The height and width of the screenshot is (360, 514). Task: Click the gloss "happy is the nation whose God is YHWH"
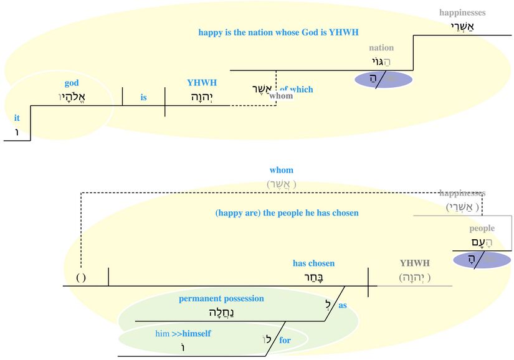278,32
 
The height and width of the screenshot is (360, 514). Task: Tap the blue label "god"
72,83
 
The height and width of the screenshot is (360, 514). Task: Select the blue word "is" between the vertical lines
143,98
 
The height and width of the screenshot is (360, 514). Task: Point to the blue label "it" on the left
17,117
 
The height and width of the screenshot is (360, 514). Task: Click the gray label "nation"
381,48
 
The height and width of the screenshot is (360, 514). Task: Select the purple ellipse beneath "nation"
384,80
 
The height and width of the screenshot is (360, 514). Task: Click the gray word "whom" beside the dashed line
281,96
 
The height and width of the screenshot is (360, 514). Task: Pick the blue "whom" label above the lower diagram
282,170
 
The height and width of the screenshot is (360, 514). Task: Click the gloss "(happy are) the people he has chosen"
287,213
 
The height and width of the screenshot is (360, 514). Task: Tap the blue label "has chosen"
313,263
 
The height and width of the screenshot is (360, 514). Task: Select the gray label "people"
482,229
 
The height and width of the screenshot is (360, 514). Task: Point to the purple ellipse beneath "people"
482,260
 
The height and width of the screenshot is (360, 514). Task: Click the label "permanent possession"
221,299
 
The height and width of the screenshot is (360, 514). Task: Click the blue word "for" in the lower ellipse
285,341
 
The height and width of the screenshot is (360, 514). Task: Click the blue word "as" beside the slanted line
343,306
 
